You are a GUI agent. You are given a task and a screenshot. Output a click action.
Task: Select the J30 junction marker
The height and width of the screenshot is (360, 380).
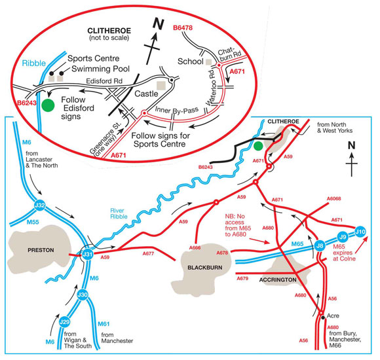click(83, 295)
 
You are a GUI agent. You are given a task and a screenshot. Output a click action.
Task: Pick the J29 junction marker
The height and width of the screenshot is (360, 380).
click(65, 321)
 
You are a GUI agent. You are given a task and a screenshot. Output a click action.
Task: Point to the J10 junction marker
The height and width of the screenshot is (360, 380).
click(360, 231)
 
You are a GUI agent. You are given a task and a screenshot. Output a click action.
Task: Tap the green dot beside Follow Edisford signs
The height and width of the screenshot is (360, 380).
click(47, 105)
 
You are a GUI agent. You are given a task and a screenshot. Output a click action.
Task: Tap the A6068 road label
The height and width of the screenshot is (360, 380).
click(334, 199)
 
